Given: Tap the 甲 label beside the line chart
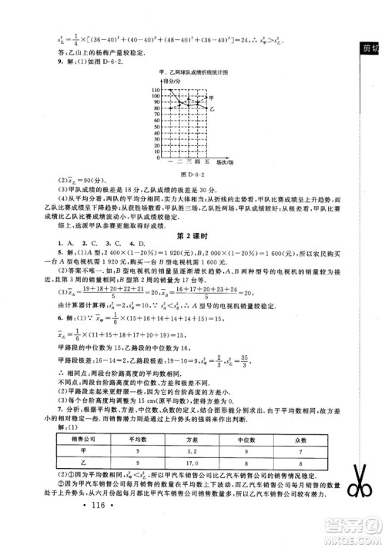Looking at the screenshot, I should pyautogui.click(x=213, y=98).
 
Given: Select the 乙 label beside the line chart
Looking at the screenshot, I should pyautogui.click(x=213, y=110).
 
